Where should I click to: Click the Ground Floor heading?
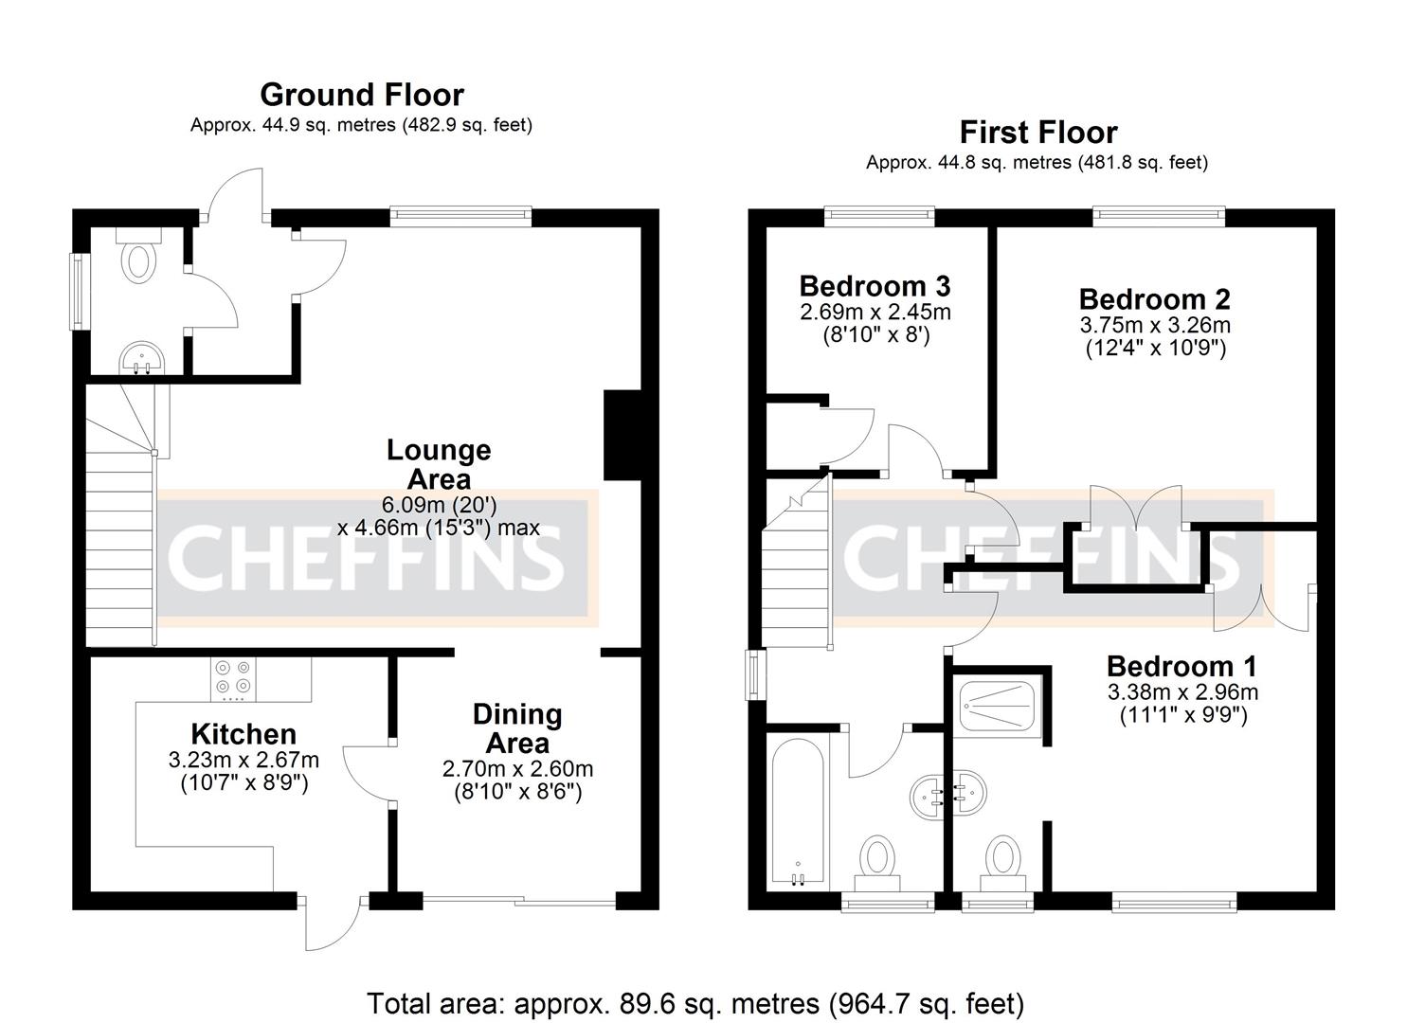(x=361, y=95)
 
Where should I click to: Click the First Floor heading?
(x=1037, y=132)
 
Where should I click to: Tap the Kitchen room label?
(x=244, y=734)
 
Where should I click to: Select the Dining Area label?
(x=517, y=727)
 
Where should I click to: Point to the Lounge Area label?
(x=439, y=463)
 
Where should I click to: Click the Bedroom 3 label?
(x=875, y=286)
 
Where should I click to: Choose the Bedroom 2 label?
(x=1154, y=299)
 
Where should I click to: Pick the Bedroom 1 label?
(x=1182, y=666)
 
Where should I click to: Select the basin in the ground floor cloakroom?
(x=141, y=358)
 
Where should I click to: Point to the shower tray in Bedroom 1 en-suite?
(x=1000, y=705)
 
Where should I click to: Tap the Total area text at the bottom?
(x=694, y=1002)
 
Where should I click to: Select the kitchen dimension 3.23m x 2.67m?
(x=244, y=760)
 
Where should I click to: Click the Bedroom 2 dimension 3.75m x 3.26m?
(x=1154, y=325)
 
